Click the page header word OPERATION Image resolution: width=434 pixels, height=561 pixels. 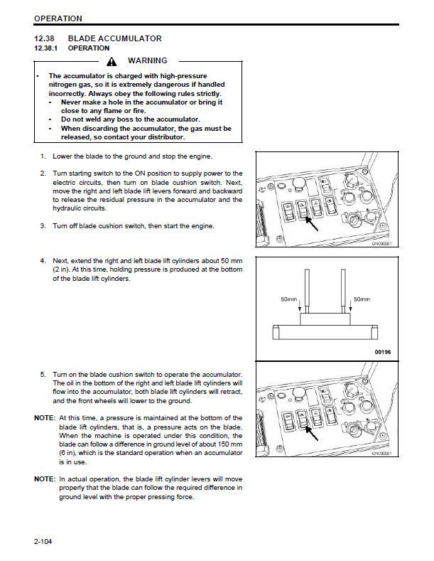tap(58, 18)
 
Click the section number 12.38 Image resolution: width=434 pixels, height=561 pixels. tap(45, 38)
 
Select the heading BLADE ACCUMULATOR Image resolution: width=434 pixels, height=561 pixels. tap(114, 38)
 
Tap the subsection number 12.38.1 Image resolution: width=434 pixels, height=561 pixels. tap(47, 48)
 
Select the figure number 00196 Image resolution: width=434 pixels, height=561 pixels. tap(382, 351)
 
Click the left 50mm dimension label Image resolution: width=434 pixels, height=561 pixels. tap(289, 299)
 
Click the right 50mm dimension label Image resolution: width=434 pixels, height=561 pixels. tap(362, 299)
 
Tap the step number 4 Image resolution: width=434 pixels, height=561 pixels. tap(43, 260)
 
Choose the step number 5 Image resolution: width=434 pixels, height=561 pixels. tap(43, 374)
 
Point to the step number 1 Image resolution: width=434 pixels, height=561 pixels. tap(43, 156)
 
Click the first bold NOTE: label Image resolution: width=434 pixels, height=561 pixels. tap(45, 417)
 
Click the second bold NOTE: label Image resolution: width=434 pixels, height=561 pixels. tap(45, 479)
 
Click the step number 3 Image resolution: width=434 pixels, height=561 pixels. tap(43, 226)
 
